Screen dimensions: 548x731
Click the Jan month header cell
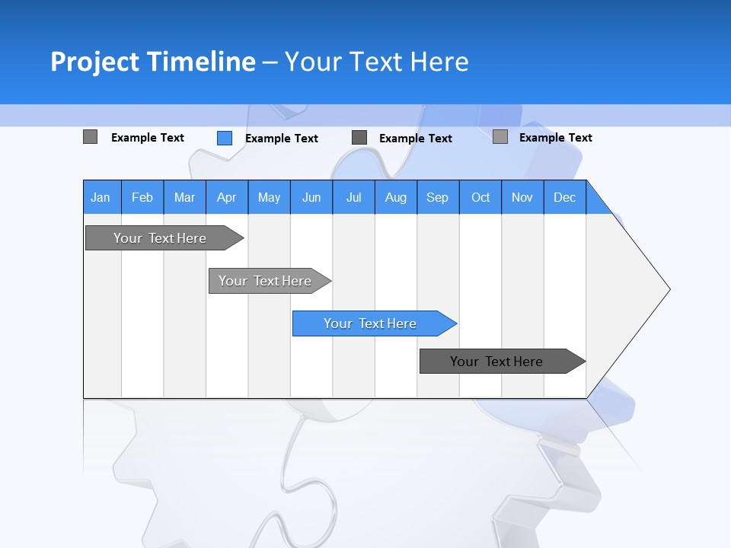pyautogui.click(x=101, y=197)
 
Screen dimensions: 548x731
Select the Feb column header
pyautogui.click(x=142, y=197)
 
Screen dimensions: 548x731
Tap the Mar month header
pyautogui.click(x=184, y=197)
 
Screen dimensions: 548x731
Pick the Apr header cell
pyautogui.click(x=227, y=197)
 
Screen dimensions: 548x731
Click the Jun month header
pyautogui.click(x=311, y=197)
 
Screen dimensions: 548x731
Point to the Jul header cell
pyautogui.click(x=353, y=197)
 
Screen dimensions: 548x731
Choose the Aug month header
pyautogui.click(x=396, y=197)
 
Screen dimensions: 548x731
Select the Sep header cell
pyautogui.click(x=438, y=197)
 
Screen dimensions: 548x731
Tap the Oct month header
pyautogui.click(x=480, y=197)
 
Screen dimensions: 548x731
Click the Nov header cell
pyautogui.click(x=522, y=197)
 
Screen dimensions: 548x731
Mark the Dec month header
pyautogui.click(x=565, y=197)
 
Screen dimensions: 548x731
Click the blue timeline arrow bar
pyautogui.click(x=373, y=323)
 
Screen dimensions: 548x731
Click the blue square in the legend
pyautogui.click(x=225, y=138)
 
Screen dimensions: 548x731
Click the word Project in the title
pyautogui.click(x=95, y=62)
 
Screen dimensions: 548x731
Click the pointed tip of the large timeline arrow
pyautogui.click(x=667, y=289)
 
